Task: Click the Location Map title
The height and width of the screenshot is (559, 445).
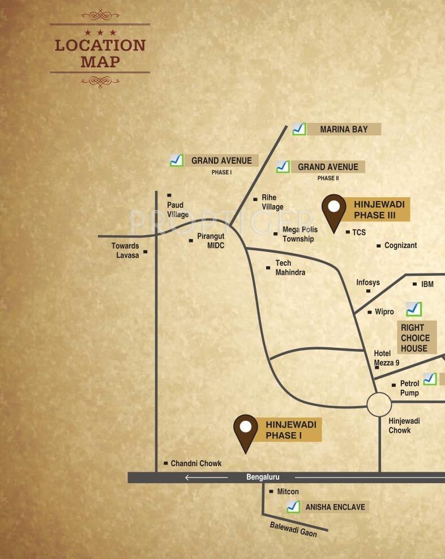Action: pyautogui.click(x=100, y=53)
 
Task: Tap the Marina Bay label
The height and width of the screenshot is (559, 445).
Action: pyautogui.click(x=344, y=129)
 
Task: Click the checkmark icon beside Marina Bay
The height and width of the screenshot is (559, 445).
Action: pyautogui.click(x=299, y=129)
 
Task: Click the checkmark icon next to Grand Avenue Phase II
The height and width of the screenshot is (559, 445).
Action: pyautogui.click(x=283, y=167)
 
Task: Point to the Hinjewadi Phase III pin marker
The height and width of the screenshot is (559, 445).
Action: pyautogui.click(x=333, y=212)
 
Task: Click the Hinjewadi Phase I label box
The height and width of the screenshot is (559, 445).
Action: pyautogui.click(x=292, y=430)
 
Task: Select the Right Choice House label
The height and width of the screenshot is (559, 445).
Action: pyautogui.click(x=416, y=338)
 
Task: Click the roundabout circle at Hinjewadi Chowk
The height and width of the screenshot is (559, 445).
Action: pyautogui.click(x=379, y=404)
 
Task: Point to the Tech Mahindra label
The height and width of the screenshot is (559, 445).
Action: pyautogui.click(x=290, y=268)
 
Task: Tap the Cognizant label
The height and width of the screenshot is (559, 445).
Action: pyautogui.click(x=400, y=245)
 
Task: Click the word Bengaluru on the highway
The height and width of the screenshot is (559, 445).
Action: pyautogui.click(x=263, y=477)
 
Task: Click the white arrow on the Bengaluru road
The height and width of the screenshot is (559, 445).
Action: pyautogui.click(x=206, y=477)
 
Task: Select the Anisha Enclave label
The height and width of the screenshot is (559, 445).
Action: pyautogui.click(x=335, y=507)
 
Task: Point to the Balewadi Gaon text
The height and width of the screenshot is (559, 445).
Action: pyautogui.click(x=293, y=529)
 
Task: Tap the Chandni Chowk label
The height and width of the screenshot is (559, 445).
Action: pyautogui.click(x=196, y=463)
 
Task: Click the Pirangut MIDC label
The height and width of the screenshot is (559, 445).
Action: pyautogui.click(x=211, y=241)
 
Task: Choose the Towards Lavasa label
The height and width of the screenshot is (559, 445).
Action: pyautogui.click(x=125, y=250)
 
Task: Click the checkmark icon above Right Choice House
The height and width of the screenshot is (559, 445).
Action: pyautogui.click(x=414, y=309)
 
